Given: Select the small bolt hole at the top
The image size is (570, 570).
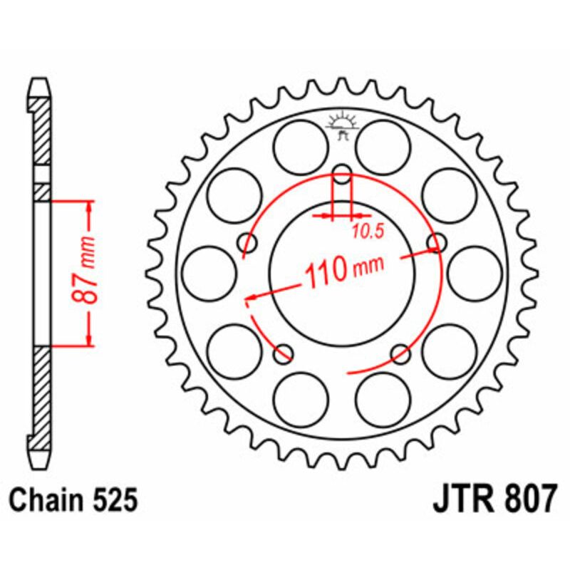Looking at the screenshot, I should (343, 172).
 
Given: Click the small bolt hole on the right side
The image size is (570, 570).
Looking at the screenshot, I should (436, 243).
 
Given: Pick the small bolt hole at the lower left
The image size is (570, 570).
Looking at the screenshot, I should (284, 352).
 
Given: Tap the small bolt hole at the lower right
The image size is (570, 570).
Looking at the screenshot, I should (401, 352).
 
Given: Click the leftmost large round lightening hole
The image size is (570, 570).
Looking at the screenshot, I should (209, 272).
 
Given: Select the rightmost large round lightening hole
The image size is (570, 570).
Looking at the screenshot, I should (475, 272).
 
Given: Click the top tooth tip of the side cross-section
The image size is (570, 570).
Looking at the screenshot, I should (42, 81).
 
